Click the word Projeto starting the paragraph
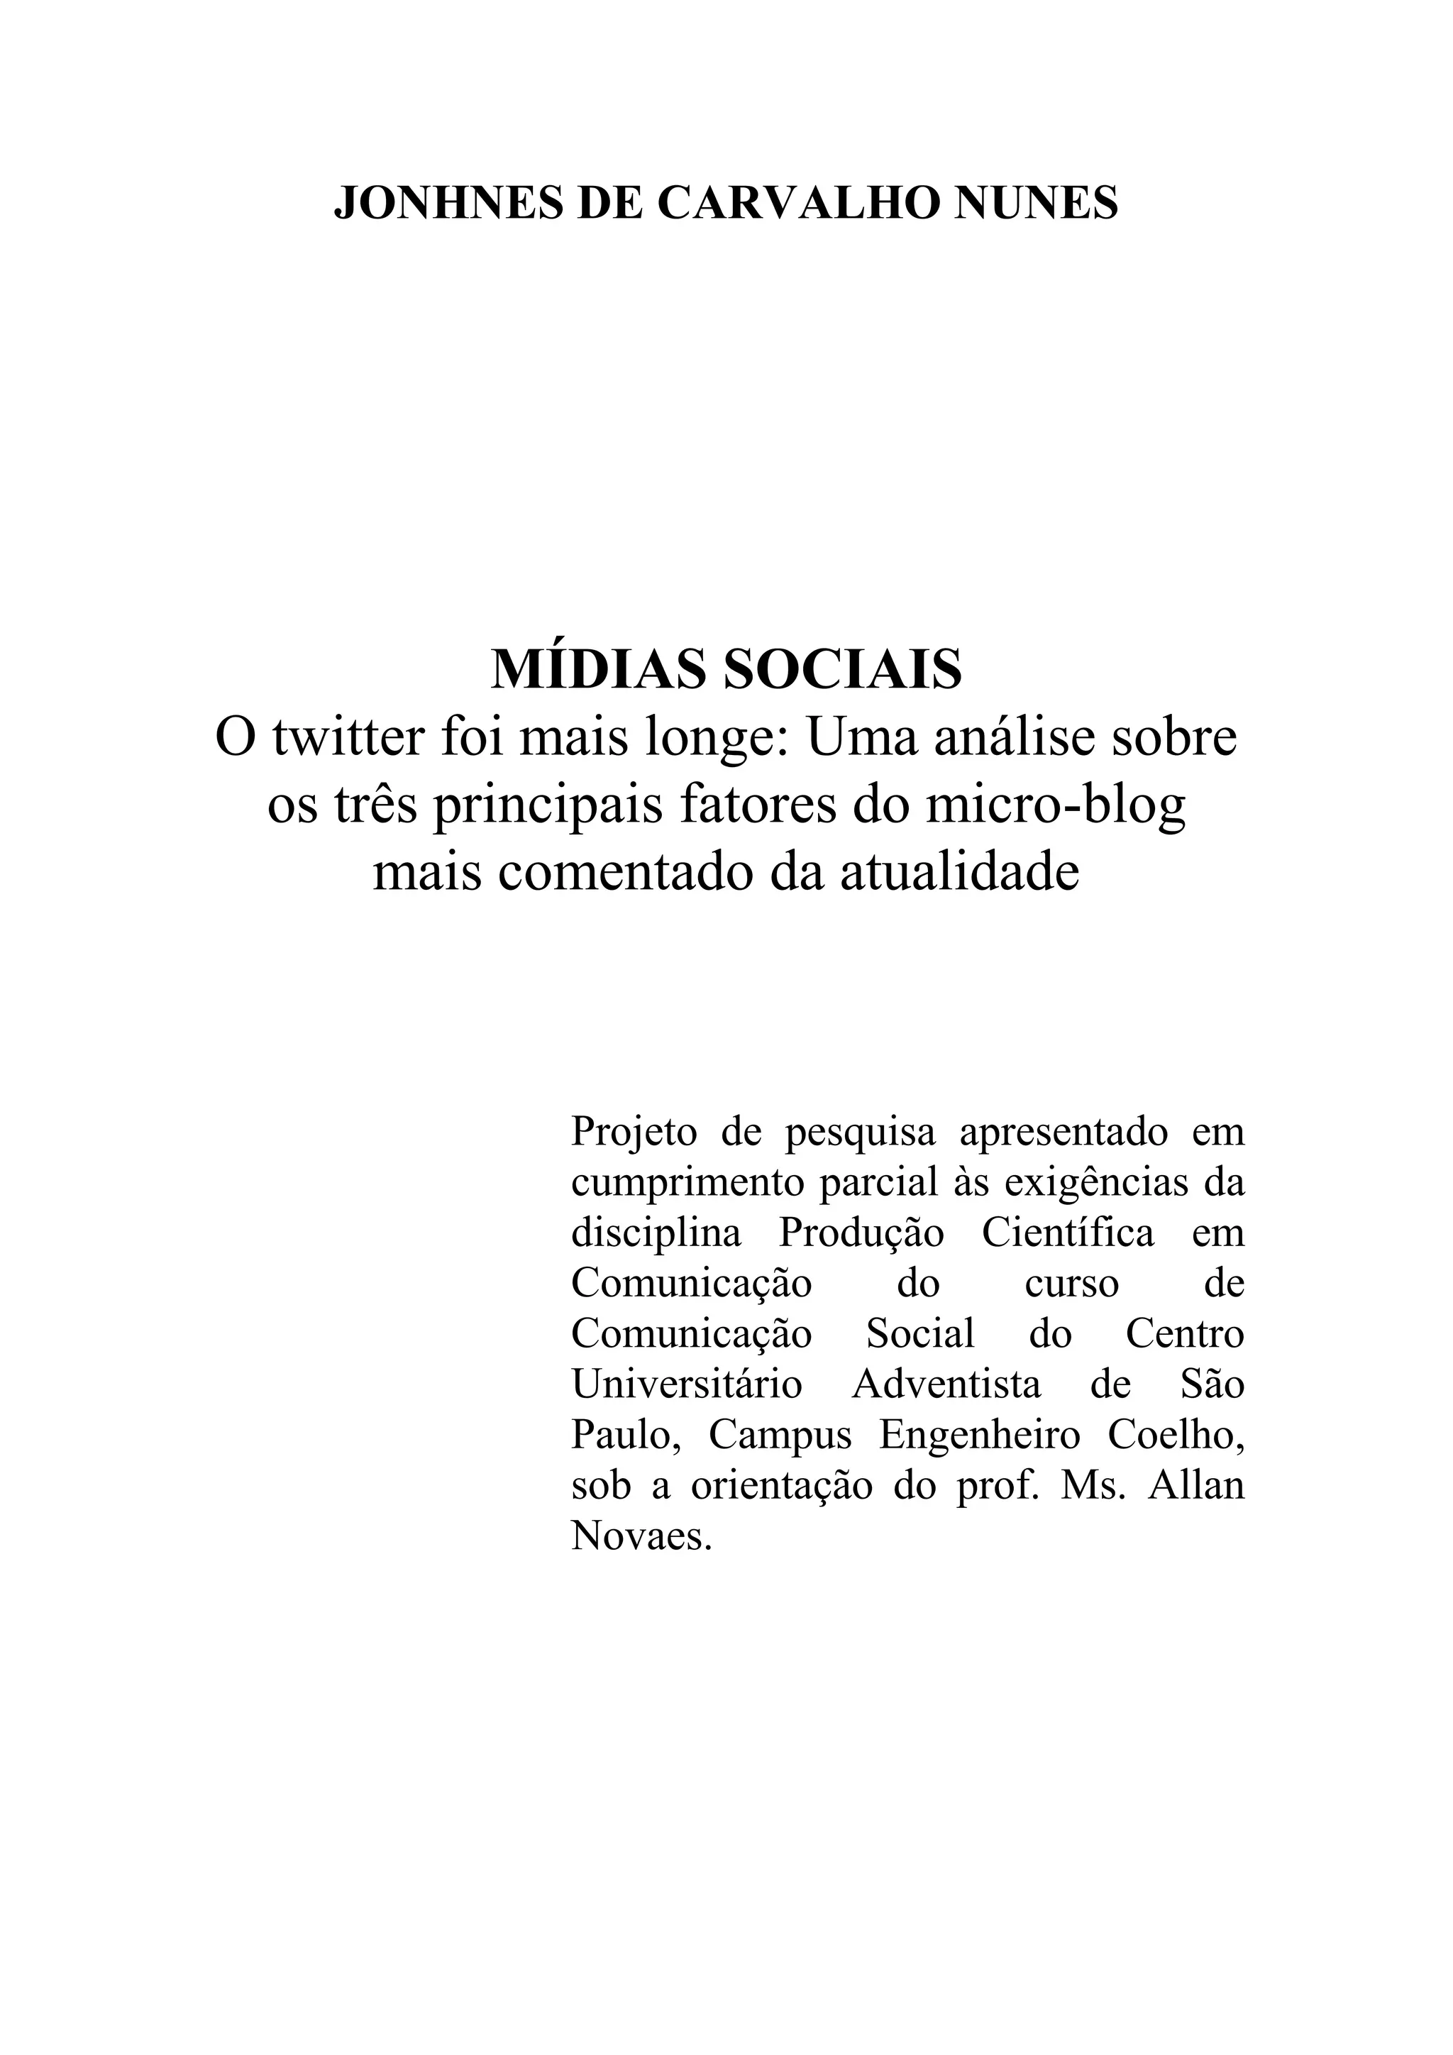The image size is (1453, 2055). [634, 1133]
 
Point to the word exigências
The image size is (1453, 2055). [1097, 1182]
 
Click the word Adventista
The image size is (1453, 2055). [946, 1384]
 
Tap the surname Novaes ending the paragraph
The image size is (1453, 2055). [641, 1536]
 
